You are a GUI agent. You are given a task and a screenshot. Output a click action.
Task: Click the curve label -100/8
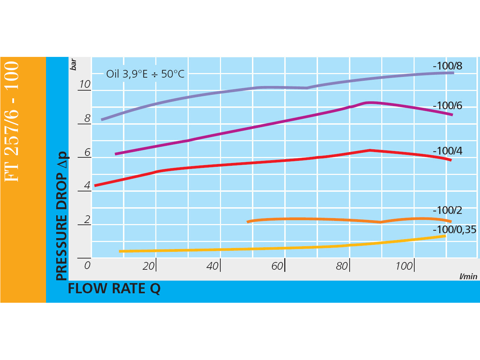coord(447,66)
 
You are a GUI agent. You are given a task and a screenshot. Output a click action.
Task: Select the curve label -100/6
coord(447,106)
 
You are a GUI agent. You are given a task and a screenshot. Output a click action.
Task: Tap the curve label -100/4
coord(447,151)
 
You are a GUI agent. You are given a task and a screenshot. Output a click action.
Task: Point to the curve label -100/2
coord(447,210)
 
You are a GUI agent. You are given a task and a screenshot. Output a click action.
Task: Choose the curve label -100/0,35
coord(454,230)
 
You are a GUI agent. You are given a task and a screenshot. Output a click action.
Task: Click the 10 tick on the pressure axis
coord(85,84)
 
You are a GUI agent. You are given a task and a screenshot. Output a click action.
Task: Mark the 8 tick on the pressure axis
coord(87,118)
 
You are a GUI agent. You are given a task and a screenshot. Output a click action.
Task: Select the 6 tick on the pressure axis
coord(87,152)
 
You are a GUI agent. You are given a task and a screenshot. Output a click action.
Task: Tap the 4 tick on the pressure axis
coord(87,185)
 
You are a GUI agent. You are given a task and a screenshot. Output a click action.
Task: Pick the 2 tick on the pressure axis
coord(87,220)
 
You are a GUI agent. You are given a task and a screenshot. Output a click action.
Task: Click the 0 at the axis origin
coord(87,265)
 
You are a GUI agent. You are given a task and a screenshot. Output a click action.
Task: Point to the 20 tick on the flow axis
coord(149,266)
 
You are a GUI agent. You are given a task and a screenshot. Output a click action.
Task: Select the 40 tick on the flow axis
coord(213,266)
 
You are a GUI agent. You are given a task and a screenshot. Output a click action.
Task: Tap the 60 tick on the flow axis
coord(277,266)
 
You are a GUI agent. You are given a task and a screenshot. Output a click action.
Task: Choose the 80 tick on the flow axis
coord(342,266)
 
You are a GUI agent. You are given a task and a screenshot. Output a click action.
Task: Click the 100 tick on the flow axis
coord(404,266)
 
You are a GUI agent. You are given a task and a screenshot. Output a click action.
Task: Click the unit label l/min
coord(468,276)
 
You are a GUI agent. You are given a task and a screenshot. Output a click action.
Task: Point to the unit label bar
coord(73,65)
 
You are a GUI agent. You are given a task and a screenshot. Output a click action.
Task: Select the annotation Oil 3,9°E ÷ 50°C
coord(145,74)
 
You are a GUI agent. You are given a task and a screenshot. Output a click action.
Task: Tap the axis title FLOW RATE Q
coord(114,289)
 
